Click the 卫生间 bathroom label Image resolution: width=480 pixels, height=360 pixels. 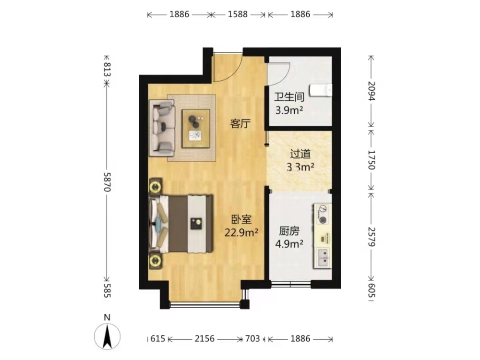coord(289,97)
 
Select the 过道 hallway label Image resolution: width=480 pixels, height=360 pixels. coord(300,154)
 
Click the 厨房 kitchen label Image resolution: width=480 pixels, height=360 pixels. coord(289,231)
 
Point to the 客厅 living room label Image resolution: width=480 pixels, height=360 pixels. coord(240,124)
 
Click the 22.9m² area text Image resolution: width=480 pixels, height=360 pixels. coord(241,233)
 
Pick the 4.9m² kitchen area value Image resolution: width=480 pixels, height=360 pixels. coord(289,244)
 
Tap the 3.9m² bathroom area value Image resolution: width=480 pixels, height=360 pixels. coord(289,110)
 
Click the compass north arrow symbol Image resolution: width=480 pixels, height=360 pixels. coord(107,336)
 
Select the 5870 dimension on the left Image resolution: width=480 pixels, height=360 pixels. coord(107,182)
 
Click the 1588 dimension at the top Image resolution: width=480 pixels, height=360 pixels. coord(238,14)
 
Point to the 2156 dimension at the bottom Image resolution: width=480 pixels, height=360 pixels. coord(204,339)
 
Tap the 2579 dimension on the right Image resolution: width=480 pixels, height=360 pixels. coord(371,237)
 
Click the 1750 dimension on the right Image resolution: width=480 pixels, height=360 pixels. coord(371,160)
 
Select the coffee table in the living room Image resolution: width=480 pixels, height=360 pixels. coord(196,129)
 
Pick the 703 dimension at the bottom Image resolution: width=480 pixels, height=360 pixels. coord(252,339)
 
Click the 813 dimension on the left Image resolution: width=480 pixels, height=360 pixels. coord(107,69)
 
